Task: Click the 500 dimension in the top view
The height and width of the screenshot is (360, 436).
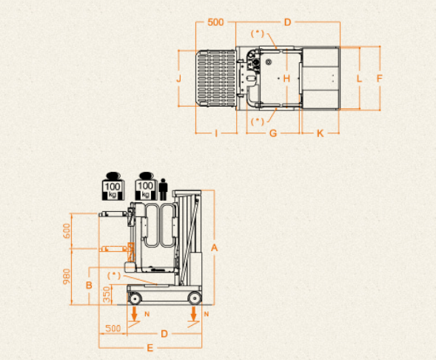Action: [215, 22]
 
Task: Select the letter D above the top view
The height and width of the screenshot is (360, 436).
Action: [287, 22]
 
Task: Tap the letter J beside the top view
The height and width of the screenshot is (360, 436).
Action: [179, 79]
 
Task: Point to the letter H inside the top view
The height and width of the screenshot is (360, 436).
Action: [286, 79]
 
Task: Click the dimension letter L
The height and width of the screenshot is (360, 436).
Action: [359, 79]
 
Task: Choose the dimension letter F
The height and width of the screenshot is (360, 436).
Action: [379, 79]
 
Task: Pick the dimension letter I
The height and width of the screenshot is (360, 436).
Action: [216, 133]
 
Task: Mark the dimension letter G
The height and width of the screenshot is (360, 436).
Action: [273, 133]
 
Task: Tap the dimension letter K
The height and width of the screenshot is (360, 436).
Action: [320, 133]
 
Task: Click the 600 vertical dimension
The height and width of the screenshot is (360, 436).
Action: [67, 231]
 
